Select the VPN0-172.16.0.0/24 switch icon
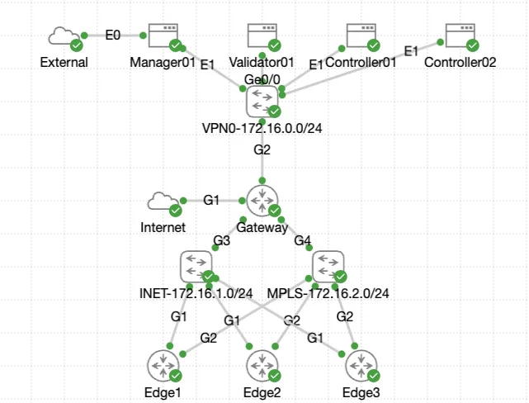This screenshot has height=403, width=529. (262, 102)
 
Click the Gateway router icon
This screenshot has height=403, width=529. (262, 201)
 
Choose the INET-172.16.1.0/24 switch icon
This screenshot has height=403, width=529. (196, 267)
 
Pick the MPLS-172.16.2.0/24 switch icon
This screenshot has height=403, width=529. (328, 267)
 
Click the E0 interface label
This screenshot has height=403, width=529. (113, 36)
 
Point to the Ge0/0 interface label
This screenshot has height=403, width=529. (262, 79)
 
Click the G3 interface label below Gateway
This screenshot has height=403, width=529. (221, 240)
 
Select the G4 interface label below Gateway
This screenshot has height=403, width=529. (303, 240)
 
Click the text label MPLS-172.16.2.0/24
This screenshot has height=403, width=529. (328, 293)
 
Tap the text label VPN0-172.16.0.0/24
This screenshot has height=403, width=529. (262, 128)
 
